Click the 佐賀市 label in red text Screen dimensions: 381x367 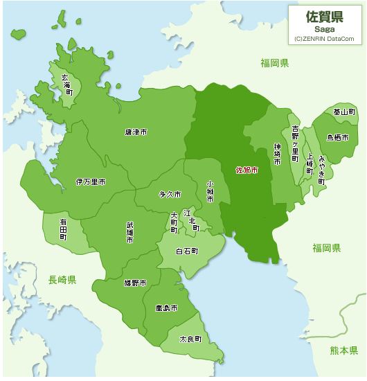tap(247, 170)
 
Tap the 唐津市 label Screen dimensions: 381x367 tap(136, 132)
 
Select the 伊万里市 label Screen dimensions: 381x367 tap(90, 181)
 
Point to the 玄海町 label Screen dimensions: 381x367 tap(67, 84)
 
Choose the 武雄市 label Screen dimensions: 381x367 tap(129, 232)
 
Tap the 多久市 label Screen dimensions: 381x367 tap(170, 195)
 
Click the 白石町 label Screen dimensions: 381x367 tap(187, 251)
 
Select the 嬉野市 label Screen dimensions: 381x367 tap(135, 283)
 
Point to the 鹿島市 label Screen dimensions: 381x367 tap(166, 308)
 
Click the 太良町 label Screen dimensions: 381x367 tap(190, 339)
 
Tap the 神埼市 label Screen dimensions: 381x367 tap(277, 154)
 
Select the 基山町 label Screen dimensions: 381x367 tap(343, 112)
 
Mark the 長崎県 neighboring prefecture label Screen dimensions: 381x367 tap(62, 280)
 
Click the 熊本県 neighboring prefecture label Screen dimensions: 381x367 tap(343, 350)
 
